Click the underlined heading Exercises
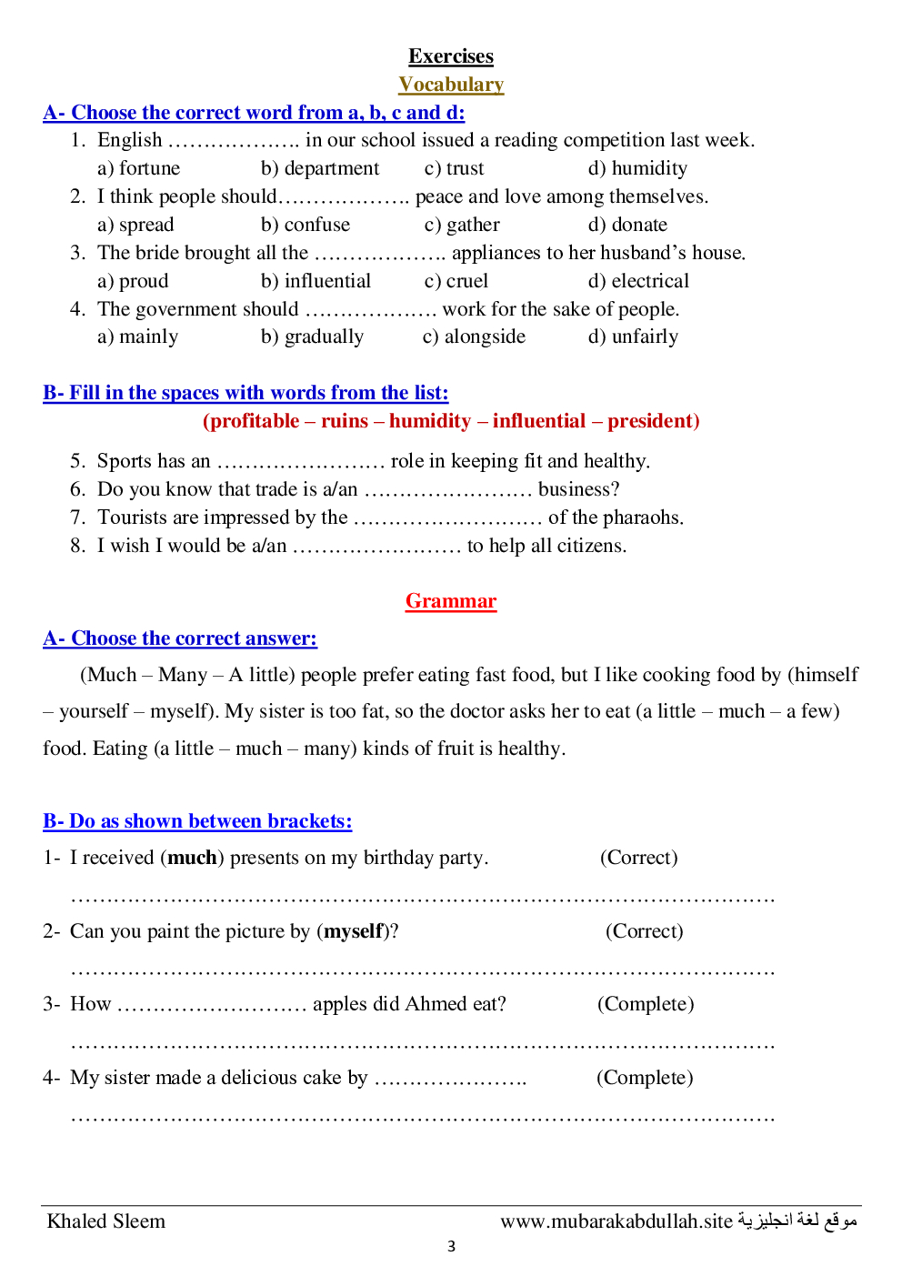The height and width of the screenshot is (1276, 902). click(x=451, y=56)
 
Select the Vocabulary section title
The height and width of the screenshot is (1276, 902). click(x=451, y=85)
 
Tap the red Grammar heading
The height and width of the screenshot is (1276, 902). click(x=451, y=601)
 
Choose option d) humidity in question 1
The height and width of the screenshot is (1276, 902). click(x=637, y=168)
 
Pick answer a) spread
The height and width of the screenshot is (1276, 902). click(x=135, y=225)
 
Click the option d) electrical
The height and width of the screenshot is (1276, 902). click(x=638, y=281)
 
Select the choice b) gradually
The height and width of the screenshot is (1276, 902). click(x=312, y=337)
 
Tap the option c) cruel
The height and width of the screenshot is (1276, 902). click(x=456, y=281)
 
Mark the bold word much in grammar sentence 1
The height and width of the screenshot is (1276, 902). click(x=192, y=858)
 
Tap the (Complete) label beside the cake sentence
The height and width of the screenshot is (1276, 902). click(x=645, y=1078)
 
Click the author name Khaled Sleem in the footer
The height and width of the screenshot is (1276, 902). click(x=106, y=1221)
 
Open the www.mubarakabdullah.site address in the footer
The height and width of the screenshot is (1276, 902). click(x=616, y=1221)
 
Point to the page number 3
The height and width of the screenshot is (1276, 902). click(x=451, y=1247)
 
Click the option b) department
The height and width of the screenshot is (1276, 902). click(x=320, y=168)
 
